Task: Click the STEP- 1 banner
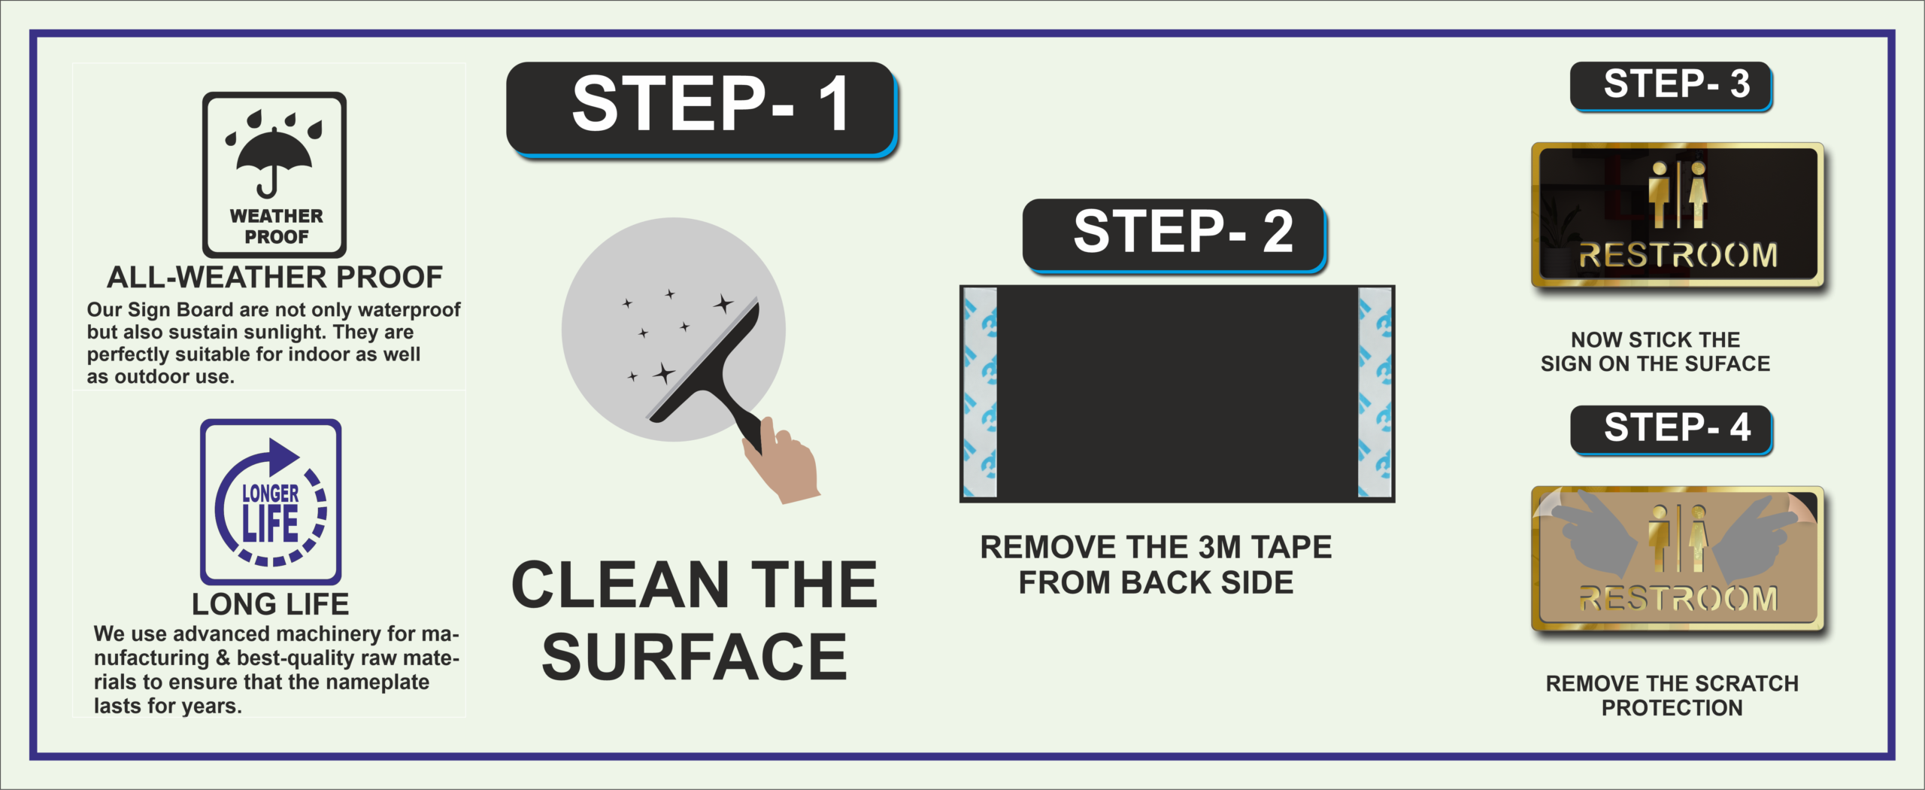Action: click(x=702, y=109)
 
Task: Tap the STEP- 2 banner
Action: click(x=1175, y=235)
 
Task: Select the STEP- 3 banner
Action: click(x=1671, y=87)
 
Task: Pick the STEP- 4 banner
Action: click(x=1671, y=430)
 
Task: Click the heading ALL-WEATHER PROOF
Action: click(x=274, y=278)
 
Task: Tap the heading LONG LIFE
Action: click(x=270, y=604)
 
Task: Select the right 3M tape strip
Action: click(x=1375, y=393)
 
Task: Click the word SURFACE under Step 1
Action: click(x=695, y=657)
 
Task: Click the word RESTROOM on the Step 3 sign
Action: click(x=1678, y=256)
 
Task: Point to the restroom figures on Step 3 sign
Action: click(x=1678, y=194)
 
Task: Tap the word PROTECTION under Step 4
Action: click(x=1672, y=708)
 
